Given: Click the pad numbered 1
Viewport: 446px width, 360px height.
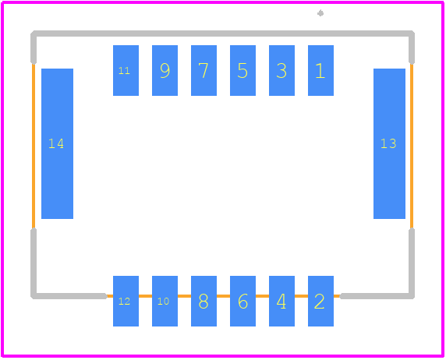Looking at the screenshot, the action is click(x=320, y=71).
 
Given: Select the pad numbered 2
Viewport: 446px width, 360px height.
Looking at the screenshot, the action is click(x=320, y=301).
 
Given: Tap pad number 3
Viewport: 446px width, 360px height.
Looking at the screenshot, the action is click(x=281, y=71).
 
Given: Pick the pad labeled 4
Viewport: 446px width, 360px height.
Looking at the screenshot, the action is click(x=281, y=301).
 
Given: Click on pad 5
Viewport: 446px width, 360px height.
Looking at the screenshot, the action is click(x=242, y=71).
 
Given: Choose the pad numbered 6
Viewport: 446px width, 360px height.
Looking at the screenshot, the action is click(x=242, y=301).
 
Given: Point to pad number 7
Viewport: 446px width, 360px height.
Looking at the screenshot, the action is click(x=204, y=71).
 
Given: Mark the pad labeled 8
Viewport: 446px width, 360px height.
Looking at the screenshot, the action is click(x=204, y=301).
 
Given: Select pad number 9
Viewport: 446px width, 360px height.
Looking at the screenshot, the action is click(x=165, y=71).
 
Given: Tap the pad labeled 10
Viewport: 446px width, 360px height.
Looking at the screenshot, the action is click(x=165, y=301).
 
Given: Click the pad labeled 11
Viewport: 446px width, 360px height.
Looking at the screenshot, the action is click(x=126, y=71).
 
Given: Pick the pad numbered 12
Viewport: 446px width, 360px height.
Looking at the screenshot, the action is click(x=126, y=301).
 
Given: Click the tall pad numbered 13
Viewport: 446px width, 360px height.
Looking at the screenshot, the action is click(x=389, y=143).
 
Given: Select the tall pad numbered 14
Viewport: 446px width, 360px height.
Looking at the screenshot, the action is click(x=57, y=143).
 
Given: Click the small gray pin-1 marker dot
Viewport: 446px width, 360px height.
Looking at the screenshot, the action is click(x=320, y=13).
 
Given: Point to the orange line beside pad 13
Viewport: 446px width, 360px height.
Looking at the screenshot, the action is click(x=412, y=146).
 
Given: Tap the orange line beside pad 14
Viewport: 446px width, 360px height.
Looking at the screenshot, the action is click(x=34, y=146).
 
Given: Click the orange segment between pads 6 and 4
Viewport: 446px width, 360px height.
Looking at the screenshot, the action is click(x=262, y=296).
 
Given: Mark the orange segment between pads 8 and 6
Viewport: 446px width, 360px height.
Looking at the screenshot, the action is click(x=223, y=296).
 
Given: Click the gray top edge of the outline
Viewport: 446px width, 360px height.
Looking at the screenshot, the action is click(x=222, y=34).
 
